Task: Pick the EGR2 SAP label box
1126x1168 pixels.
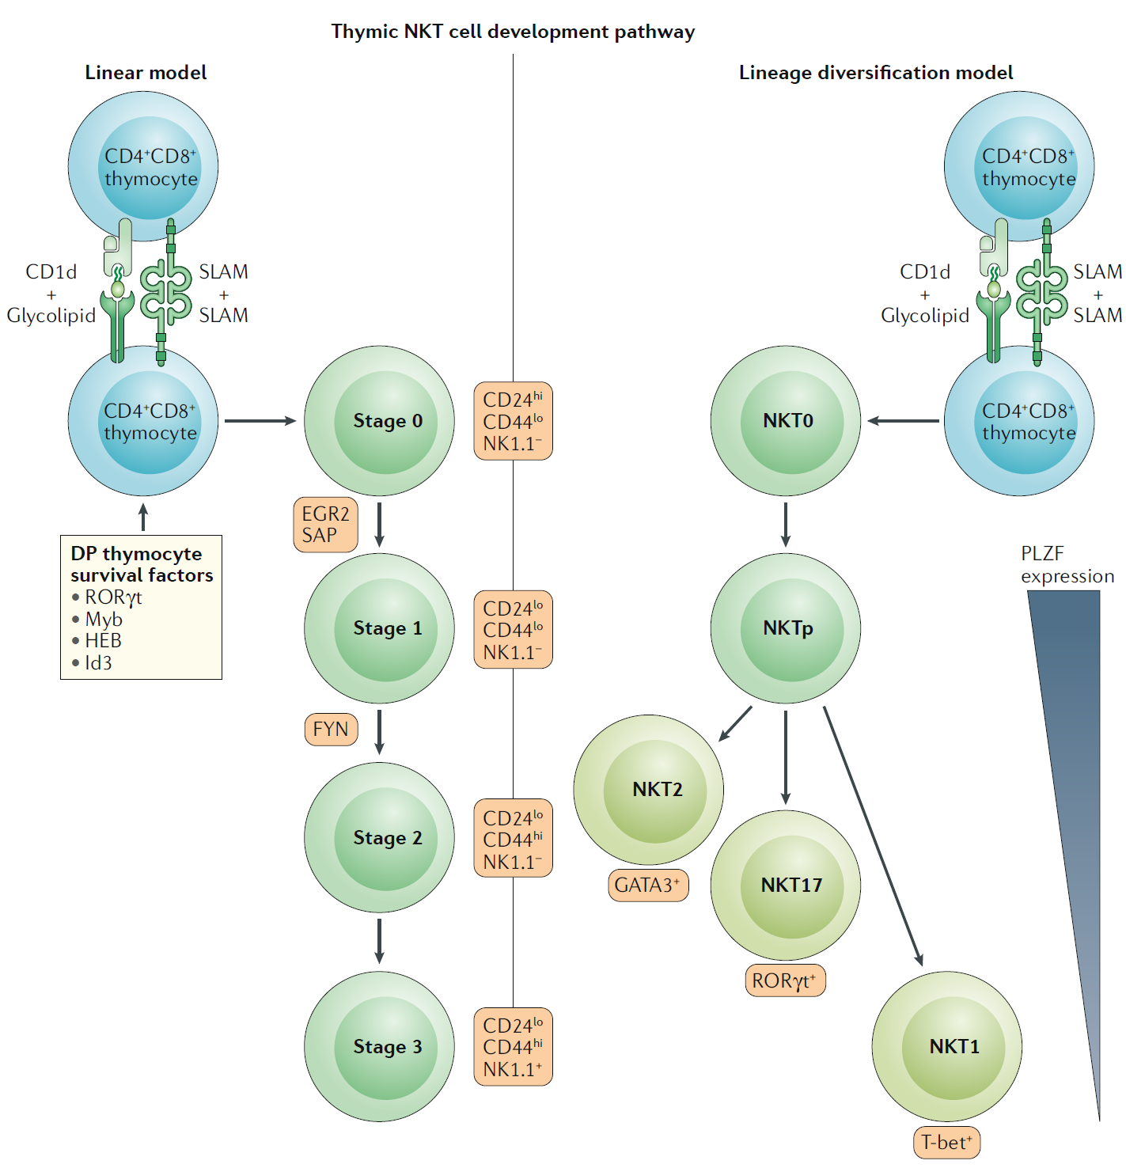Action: click(325, 525)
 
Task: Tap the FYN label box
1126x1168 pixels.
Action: click(331, 729)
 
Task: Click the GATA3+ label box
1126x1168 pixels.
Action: click(648, 885)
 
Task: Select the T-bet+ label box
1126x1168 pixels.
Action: click(946, 1143)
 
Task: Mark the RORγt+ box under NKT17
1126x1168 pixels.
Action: click(785, 980)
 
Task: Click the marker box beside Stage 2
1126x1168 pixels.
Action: click(513, 839)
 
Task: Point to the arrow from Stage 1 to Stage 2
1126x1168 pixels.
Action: click(380, 732)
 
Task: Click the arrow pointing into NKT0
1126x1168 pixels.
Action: click(902, 421)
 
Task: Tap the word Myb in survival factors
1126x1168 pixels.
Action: click(104, 619)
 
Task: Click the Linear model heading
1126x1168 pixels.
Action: click(146, 73)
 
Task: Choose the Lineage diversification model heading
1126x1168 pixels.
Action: click(875, 73)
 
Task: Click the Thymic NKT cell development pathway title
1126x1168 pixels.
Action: click(513, 32)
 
